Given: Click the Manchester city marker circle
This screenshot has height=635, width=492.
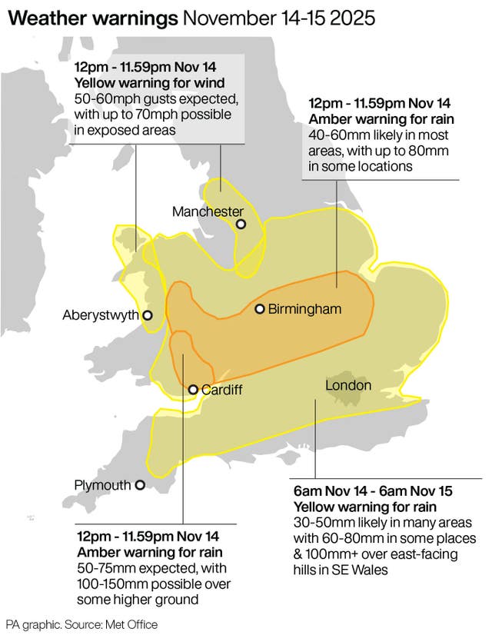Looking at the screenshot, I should tap(241, 224).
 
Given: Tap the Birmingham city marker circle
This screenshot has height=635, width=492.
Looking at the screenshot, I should tap(260, 309).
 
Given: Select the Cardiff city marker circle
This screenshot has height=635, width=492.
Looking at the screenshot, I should tap(193, 390).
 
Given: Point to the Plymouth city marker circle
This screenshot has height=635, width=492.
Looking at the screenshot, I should tap(140, 485).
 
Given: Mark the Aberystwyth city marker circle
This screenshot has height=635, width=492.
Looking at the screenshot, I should tap(148, 315).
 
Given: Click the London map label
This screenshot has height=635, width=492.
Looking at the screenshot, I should tap(348, 385).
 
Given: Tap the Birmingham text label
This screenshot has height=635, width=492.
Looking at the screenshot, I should tap(306, 309).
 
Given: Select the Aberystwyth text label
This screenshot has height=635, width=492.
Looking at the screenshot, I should tap(100, 315).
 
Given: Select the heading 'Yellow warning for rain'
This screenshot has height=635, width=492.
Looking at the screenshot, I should tap(365, 508).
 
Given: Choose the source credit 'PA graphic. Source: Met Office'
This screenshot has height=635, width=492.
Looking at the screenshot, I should tap(81, 624).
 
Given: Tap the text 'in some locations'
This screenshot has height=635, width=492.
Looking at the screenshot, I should tap(361, 165).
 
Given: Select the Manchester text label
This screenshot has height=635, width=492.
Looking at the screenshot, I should tap(208, 211).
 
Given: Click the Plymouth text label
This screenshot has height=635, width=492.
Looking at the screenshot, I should tap(102, 485).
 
